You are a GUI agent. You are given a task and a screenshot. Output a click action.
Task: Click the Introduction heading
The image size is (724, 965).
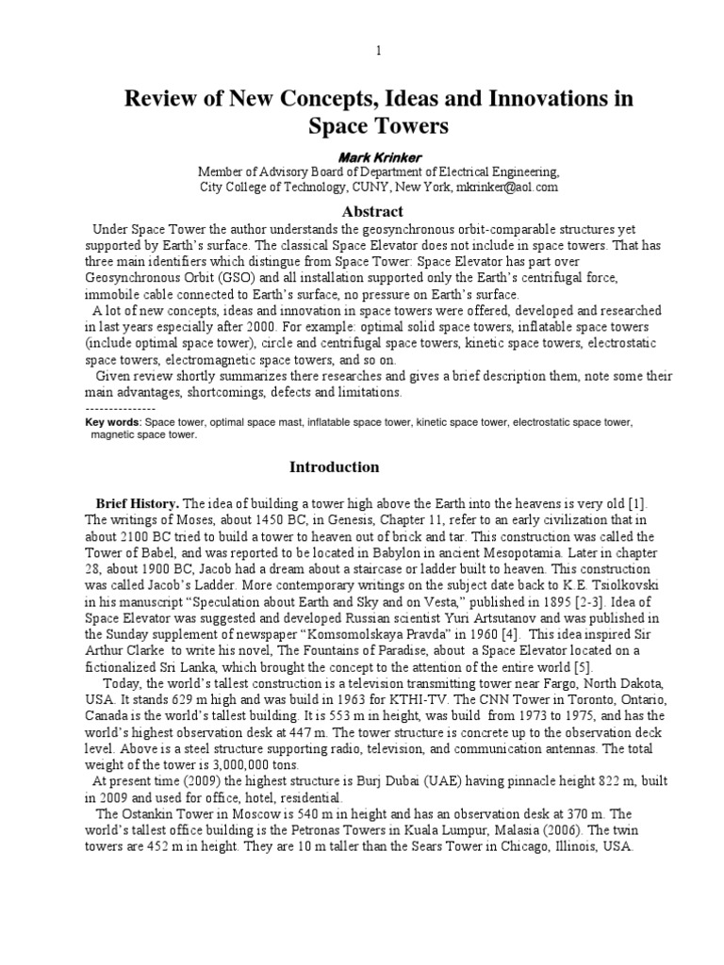click(334, 467)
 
